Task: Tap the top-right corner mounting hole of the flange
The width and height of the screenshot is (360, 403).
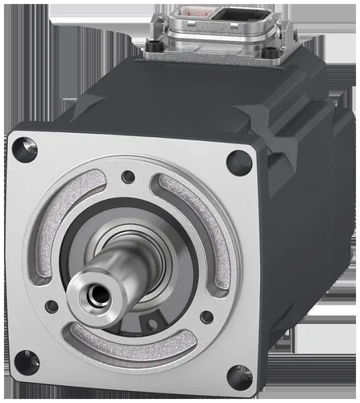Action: coord(238,163)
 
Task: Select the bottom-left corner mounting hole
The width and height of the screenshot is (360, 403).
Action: coord(27,362)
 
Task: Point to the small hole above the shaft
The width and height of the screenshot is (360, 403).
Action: coord(128,177)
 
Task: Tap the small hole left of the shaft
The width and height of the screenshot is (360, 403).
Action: coord(51,306)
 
